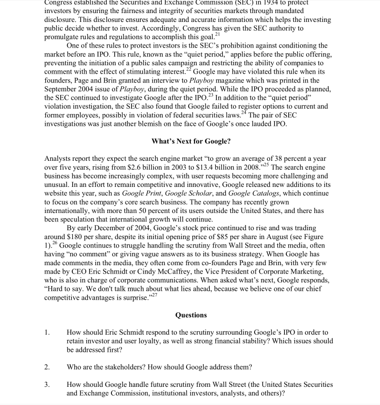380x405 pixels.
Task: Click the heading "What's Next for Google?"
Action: pos(191,141)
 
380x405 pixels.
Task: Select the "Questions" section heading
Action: pos(191,315)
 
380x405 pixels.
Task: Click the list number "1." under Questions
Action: pos(48,333)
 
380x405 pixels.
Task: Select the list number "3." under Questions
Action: pos(48,384)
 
